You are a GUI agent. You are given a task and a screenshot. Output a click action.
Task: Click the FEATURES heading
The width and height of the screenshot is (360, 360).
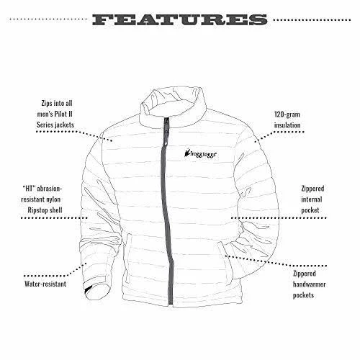pyautogui.click(x=180, y=19)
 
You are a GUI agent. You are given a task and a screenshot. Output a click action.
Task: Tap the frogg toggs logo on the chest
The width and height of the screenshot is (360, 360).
pyautogui.click(x=201, y=153)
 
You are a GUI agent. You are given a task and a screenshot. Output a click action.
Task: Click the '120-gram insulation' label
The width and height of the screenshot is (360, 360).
pyautogui.click(x=287, y=120)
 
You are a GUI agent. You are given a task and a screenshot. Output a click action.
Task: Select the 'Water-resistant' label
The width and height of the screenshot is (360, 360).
pyautogui.click(x=45, y=284)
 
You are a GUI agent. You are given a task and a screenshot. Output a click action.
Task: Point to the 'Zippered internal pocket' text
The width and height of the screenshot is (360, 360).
pyautogui.click(x=312, y=199)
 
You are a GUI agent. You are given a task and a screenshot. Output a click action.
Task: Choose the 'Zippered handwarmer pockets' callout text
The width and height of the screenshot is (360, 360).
pyautogui.click(x=309, y=284)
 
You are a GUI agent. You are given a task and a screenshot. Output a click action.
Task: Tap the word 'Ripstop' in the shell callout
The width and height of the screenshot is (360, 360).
pyautogui.click(x=37, y=210)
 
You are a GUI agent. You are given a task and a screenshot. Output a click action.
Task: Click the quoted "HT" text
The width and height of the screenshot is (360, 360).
pyautogui.click(x=30, y=189)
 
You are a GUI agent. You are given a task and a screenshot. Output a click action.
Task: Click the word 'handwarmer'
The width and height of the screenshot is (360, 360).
pyautogui.click(x=309, y=284)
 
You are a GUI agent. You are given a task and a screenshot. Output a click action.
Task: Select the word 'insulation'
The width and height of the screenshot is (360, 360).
pyautogui.click(x=287, y=125)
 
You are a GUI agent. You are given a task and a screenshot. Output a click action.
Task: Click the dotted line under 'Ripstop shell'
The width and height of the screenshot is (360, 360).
pyautogui.click(x=54, y=218)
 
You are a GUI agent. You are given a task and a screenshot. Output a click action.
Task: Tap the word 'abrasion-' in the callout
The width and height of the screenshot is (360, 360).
pyautogui.click(x=50, y=189)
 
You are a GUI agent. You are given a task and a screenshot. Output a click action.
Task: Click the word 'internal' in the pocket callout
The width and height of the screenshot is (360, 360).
pyautogui.click(x=312, y=199)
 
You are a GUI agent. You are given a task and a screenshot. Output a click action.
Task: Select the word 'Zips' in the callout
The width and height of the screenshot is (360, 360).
pyautogui.click(x=47, y=104)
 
